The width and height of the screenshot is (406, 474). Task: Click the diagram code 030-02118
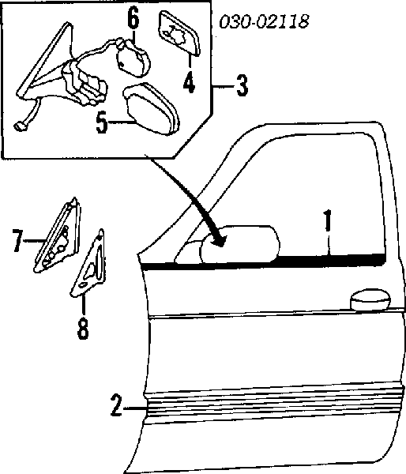pos(264,21)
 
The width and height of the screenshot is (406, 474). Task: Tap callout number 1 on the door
pos(328,220)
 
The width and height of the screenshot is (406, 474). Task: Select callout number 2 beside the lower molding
pos(116,404)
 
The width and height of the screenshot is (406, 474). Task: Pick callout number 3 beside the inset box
pos(242,85)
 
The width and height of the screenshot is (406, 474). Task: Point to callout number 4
pos(189,81)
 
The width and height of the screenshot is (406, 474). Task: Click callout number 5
pos(102,122)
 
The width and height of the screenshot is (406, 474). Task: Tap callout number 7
pos(18,241)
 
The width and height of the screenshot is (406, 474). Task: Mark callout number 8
pos(83,328)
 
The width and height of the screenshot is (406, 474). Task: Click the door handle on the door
pos(370,300)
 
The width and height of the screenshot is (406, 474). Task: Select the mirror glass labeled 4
pos(179,33)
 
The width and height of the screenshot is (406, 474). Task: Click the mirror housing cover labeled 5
pos(151,108)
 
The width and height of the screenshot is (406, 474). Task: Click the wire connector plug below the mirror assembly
pos(21,126)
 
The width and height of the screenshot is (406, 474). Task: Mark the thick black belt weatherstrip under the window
pos(264,261)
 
